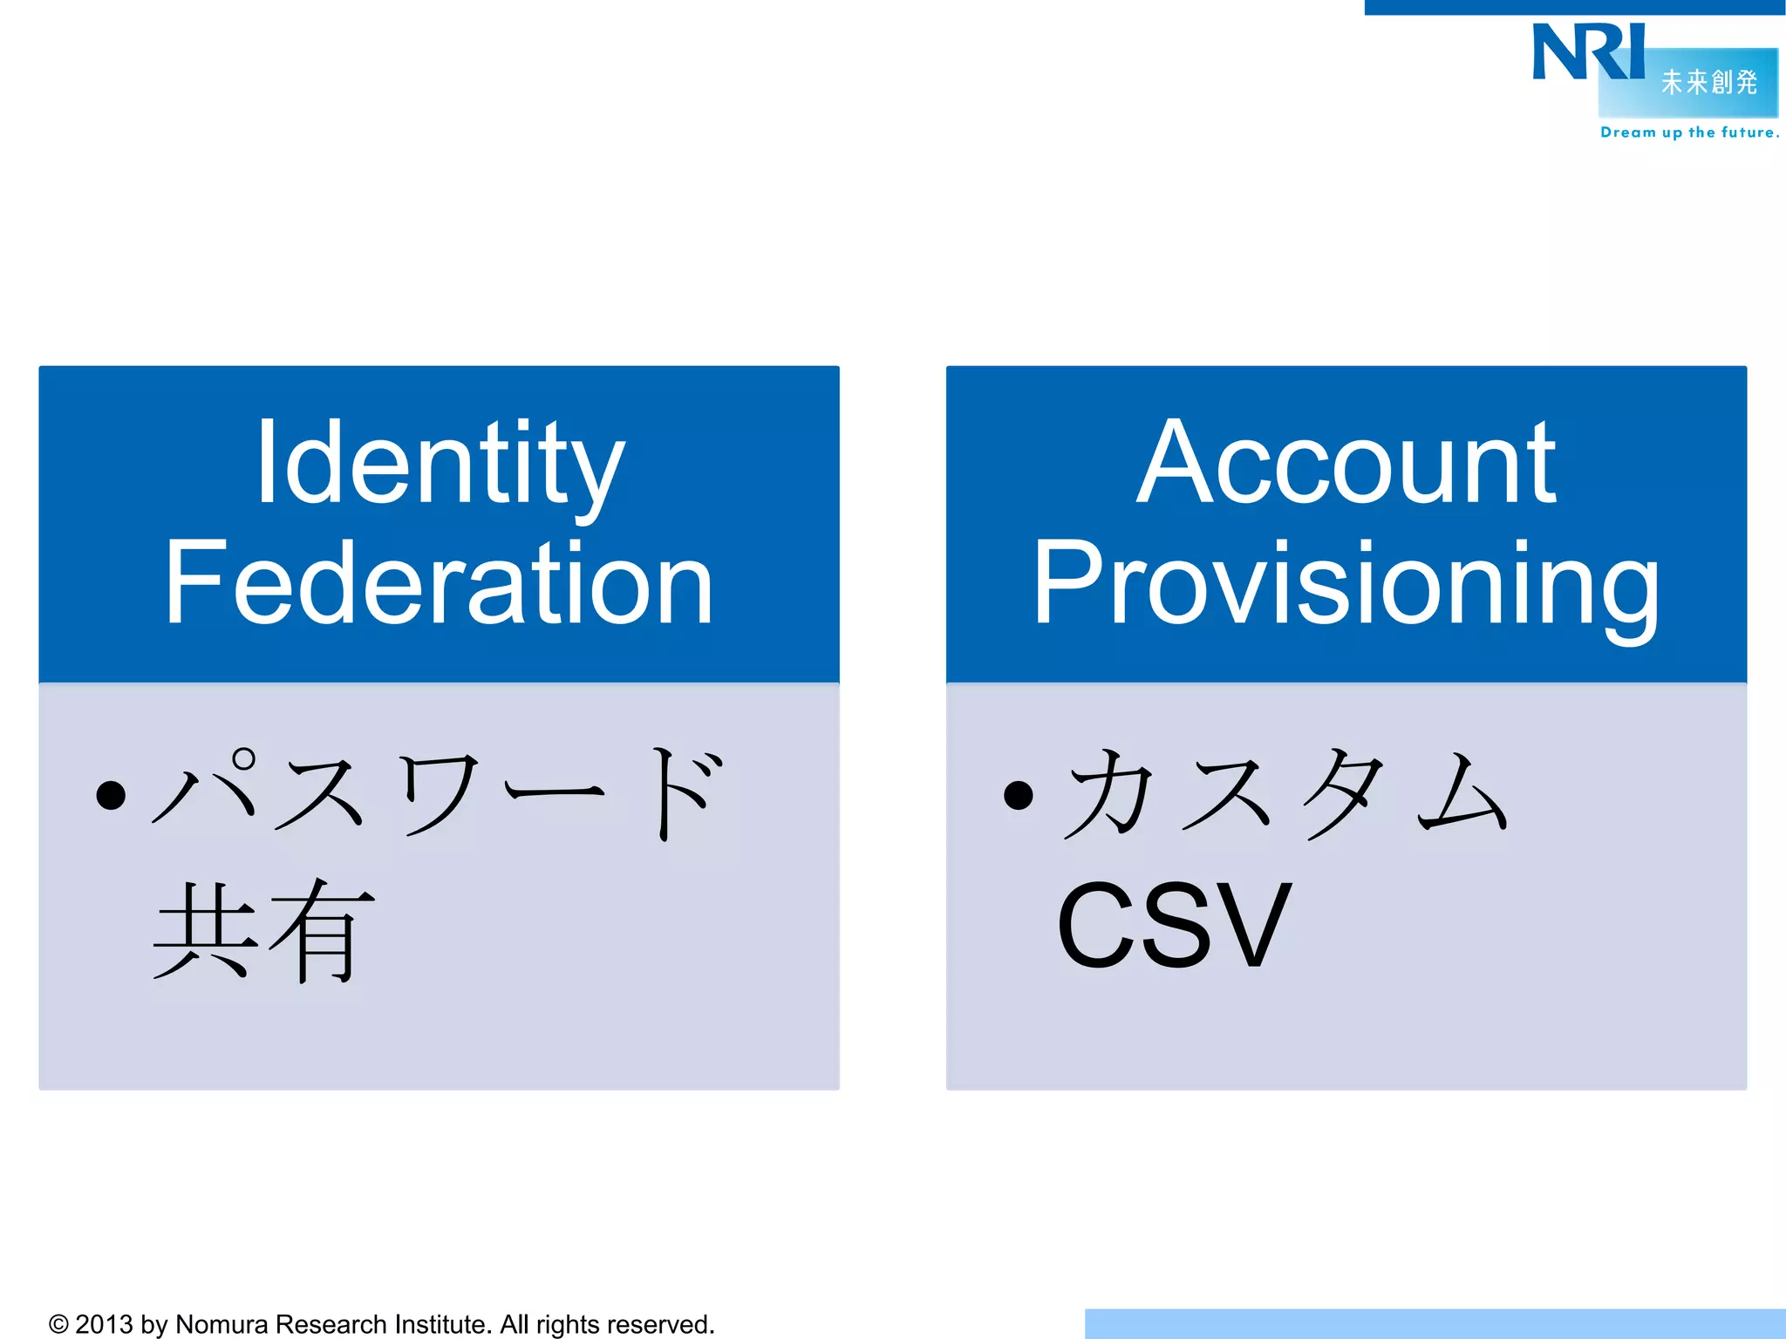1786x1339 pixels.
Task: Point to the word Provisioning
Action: coord(1346,584)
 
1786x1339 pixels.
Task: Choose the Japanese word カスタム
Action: coord(1287,793)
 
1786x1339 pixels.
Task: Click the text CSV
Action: coord(1174,926)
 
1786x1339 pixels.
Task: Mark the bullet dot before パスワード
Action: coord(112,795)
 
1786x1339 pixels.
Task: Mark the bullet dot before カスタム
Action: coord(1018,795)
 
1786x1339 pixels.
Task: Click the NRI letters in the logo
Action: coord(1587,52)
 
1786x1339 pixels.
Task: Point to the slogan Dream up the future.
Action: coord(1689,133)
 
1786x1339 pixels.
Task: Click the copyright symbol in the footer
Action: coord(58,1324)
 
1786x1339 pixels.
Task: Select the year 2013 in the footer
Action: coord(104,1324)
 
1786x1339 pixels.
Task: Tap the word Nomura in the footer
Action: coord(222,1324)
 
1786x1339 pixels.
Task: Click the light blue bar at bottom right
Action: coord(1435,1323)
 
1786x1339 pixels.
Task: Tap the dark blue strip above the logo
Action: coord(1574,7)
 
